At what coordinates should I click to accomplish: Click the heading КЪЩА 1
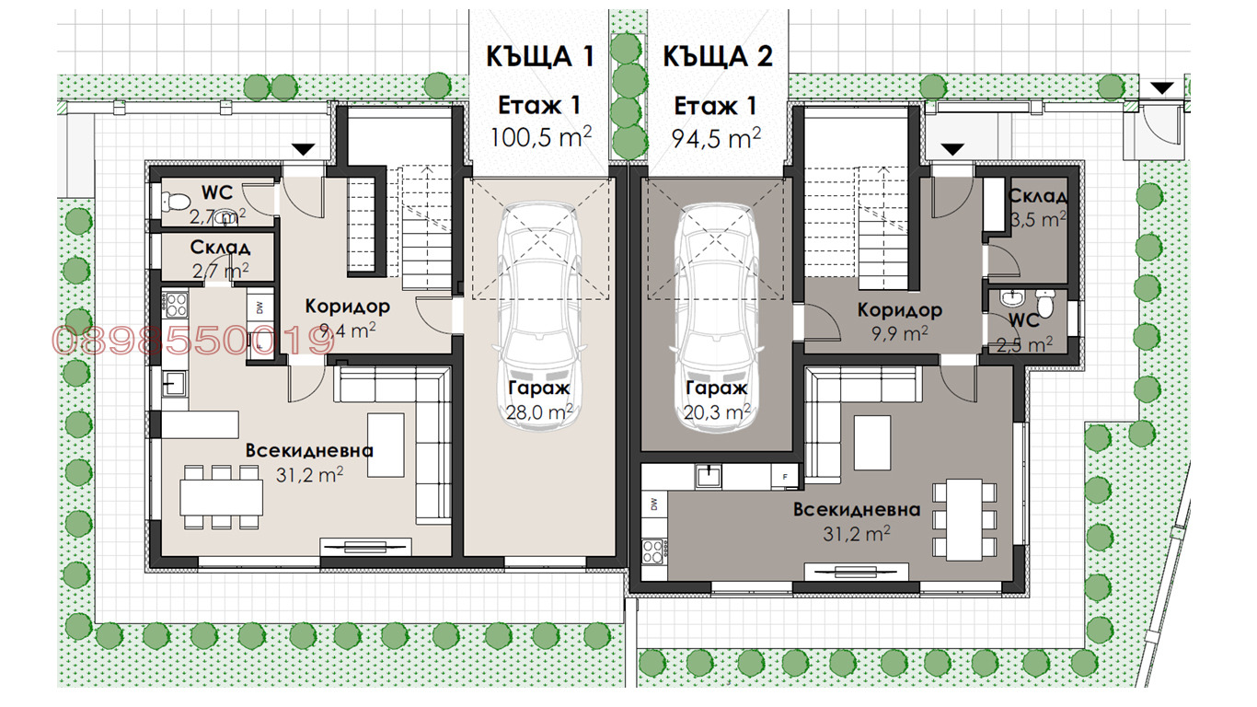tap(539, 56)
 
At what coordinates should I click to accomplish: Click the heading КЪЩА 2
tap(718, 56)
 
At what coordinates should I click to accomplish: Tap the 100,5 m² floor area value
tap(541, 137)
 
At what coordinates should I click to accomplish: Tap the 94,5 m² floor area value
tap(716, 138)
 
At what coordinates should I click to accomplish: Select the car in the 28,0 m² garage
tap(540, 318)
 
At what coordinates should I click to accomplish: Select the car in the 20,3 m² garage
tap(717, 318)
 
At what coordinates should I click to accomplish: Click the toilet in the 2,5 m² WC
tap(1044, 304)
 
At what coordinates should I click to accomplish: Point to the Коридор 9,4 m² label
tap(347, 319)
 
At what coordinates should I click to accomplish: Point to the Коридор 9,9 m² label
tap(900, 322)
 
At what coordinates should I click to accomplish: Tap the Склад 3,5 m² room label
tap(1038, 207)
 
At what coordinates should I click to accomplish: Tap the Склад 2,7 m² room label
tap(220, 259)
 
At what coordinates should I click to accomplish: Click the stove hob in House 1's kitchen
tap(175, 306)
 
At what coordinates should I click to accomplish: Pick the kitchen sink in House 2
tap(709, 477)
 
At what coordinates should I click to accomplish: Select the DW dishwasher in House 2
tap(654, 504)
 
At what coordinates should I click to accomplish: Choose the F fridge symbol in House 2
tap(785, 477)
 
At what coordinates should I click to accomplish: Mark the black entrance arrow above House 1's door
tap(304, 149)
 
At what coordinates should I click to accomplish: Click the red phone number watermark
tap(193, 341)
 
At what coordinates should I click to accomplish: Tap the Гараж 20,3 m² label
tap(717, 400)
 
